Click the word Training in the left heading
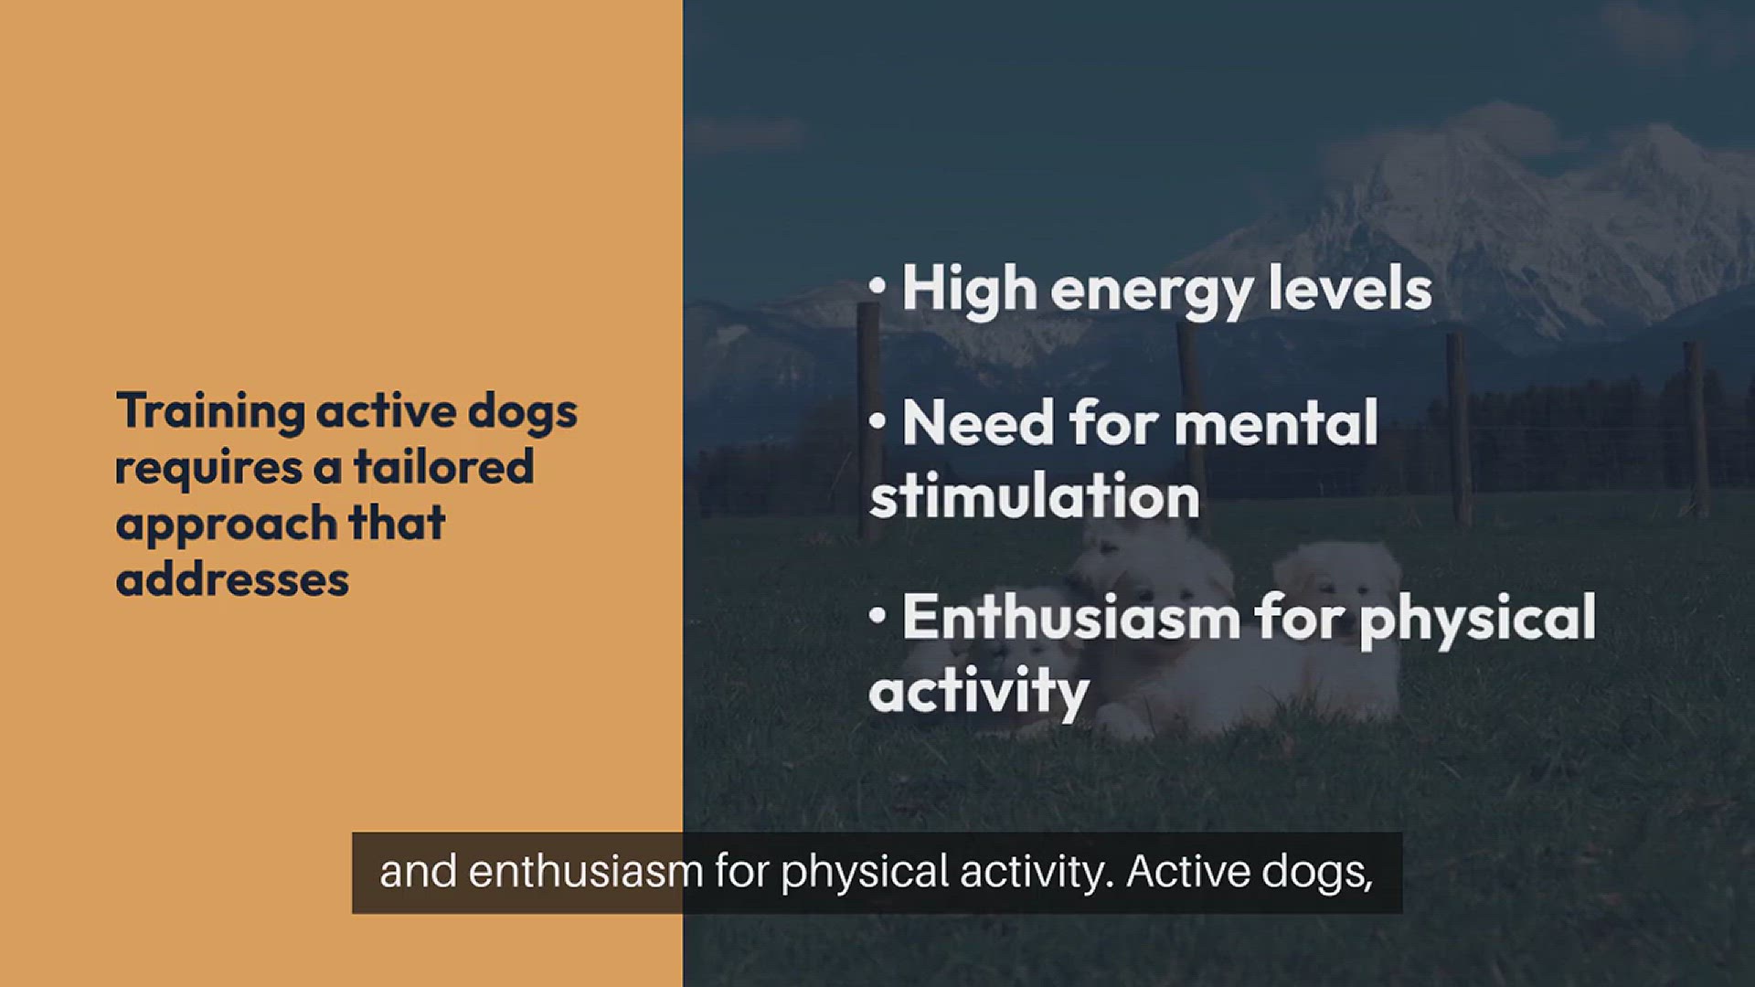pos(210,412)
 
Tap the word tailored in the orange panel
pos(443,466)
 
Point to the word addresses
pos(232,578)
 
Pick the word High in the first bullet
pos(969,289)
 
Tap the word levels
pos(1350,288)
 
